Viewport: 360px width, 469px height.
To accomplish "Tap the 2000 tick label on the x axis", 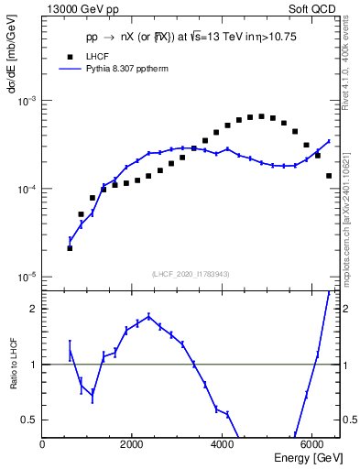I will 132,445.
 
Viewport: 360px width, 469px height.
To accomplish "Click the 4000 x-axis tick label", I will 223,445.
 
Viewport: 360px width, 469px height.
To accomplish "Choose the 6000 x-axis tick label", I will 312,445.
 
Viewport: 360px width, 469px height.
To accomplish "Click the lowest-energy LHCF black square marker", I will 70,247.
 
